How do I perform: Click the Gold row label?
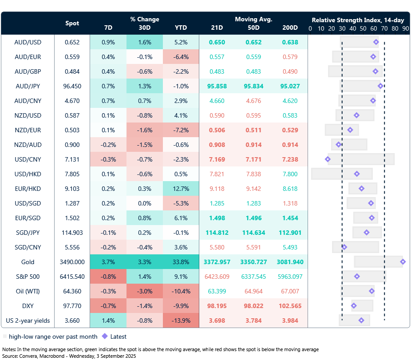point(28,262)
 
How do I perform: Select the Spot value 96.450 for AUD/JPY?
point(72,86)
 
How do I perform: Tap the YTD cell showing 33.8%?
point(181,262)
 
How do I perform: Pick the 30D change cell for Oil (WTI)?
point(145,291)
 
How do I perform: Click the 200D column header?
point(290,28)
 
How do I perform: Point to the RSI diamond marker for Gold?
point(403,262)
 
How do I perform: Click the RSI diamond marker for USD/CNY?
point(328,159)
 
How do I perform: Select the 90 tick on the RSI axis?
point(406,28)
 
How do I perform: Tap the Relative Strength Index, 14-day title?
point(358,20)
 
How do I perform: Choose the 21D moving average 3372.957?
point(217,262)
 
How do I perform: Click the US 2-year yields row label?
point(28,320)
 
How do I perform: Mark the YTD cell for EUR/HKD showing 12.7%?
point(181,189)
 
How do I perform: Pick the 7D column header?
point(108,28)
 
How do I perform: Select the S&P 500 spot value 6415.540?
point(72,277)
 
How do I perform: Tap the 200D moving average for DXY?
point(290,306)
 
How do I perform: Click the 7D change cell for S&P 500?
point(108,277)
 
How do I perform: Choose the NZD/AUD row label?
point(28,145)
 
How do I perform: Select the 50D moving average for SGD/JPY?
point(253,233)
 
